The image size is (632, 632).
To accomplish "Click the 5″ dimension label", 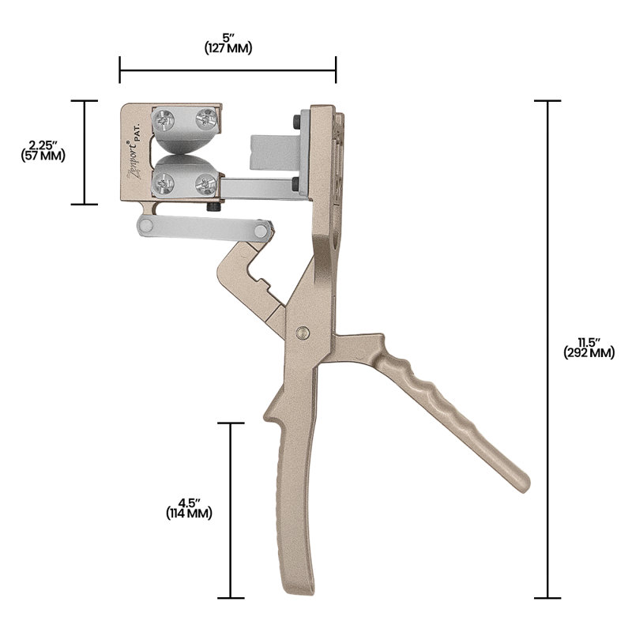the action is (228, 38).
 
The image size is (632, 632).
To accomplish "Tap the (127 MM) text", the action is (228, 48).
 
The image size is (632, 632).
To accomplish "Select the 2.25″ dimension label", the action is (43, 145).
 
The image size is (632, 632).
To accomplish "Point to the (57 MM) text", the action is (43, 156).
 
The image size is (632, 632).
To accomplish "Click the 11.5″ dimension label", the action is (589, 343).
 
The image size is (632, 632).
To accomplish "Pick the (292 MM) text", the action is (589, 353).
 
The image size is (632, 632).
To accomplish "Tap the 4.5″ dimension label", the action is (189, 503).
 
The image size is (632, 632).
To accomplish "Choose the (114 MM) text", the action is (189, 513).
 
